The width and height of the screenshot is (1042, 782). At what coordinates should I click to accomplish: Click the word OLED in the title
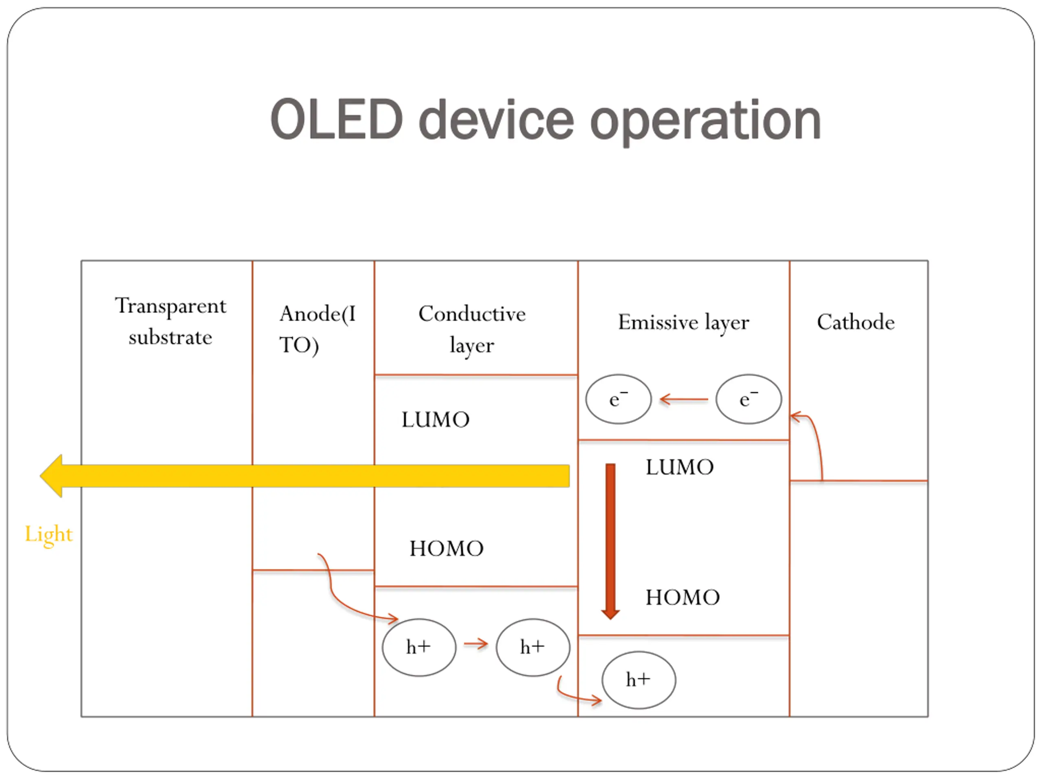336,120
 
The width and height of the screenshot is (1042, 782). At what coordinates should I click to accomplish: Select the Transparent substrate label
171,321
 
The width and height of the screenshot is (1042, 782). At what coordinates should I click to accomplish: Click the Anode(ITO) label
317,329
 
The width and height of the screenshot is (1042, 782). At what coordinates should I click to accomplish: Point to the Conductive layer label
472,329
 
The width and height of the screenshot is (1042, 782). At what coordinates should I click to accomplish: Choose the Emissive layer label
683,323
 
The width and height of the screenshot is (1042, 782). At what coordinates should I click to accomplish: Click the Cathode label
856,323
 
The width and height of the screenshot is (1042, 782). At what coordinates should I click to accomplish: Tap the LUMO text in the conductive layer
435,420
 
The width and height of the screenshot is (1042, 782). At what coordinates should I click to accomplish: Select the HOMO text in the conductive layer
446,548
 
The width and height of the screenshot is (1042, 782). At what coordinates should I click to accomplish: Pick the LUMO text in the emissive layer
679,467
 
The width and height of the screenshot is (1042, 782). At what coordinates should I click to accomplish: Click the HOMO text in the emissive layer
682,597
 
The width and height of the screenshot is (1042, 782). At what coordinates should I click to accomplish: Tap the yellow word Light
48,534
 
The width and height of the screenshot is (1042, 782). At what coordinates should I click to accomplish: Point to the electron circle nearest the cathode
748,399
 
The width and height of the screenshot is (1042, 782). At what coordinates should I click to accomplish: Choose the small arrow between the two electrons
683,400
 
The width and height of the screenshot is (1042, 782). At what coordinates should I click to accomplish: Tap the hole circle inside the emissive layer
638,680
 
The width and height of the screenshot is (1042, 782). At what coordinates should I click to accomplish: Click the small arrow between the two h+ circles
476,644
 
